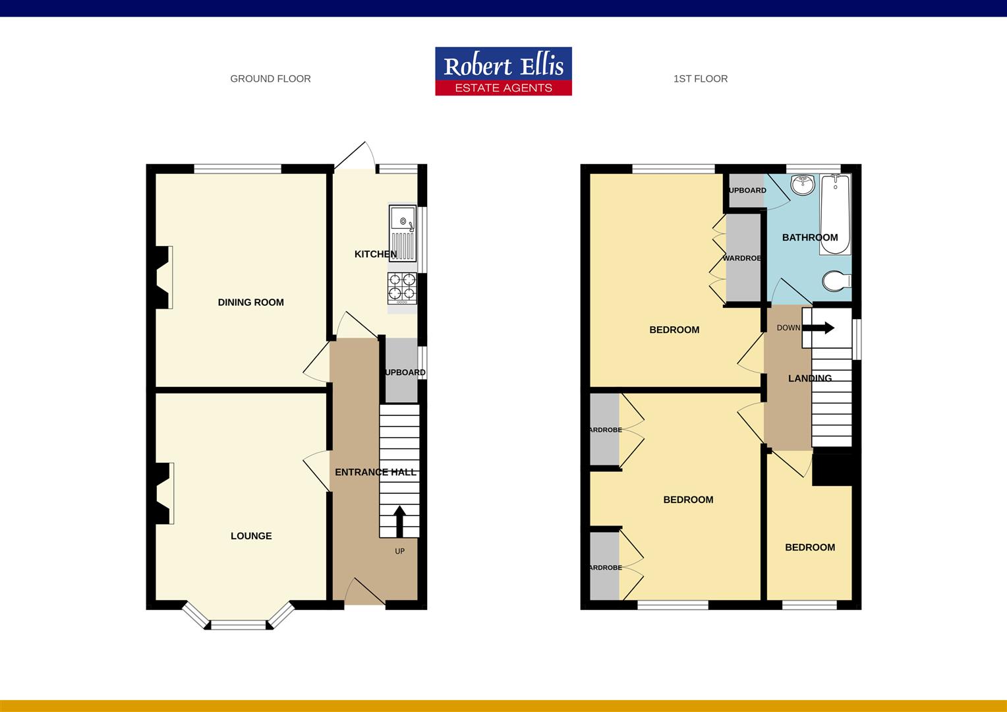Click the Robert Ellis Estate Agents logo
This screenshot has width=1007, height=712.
click(x=503, y=71)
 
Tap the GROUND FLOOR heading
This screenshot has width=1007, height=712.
click(x=270, y=78)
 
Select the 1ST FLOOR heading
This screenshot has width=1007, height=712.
click(x=701, y=78)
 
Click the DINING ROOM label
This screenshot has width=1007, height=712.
click(x=251, y=303)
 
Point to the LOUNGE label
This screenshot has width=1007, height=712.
click(x=251, y=536)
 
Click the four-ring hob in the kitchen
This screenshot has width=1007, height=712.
click(x=402, y=287)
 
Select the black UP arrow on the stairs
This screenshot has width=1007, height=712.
click(x=399, y=521)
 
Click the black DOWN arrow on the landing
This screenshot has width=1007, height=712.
click(x=821, y=328)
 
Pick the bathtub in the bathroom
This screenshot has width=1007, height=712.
click(x=835, y=214)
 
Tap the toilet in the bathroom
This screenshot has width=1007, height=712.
click(x=836, y=281)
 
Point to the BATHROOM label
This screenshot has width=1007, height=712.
click(x=810, y=237)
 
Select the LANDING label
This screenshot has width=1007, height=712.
click(x=810, y=378)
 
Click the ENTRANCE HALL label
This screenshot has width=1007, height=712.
click(x=376, y=472)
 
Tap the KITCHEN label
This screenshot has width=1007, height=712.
click(x=376, y=254)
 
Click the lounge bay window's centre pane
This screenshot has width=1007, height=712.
click(x=239, y=624)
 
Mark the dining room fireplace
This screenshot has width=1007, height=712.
click(x=163, y=278)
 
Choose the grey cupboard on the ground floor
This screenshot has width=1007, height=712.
click(x=401, y=371)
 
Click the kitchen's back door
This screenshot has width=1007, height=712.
click(x=354, y=157)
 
